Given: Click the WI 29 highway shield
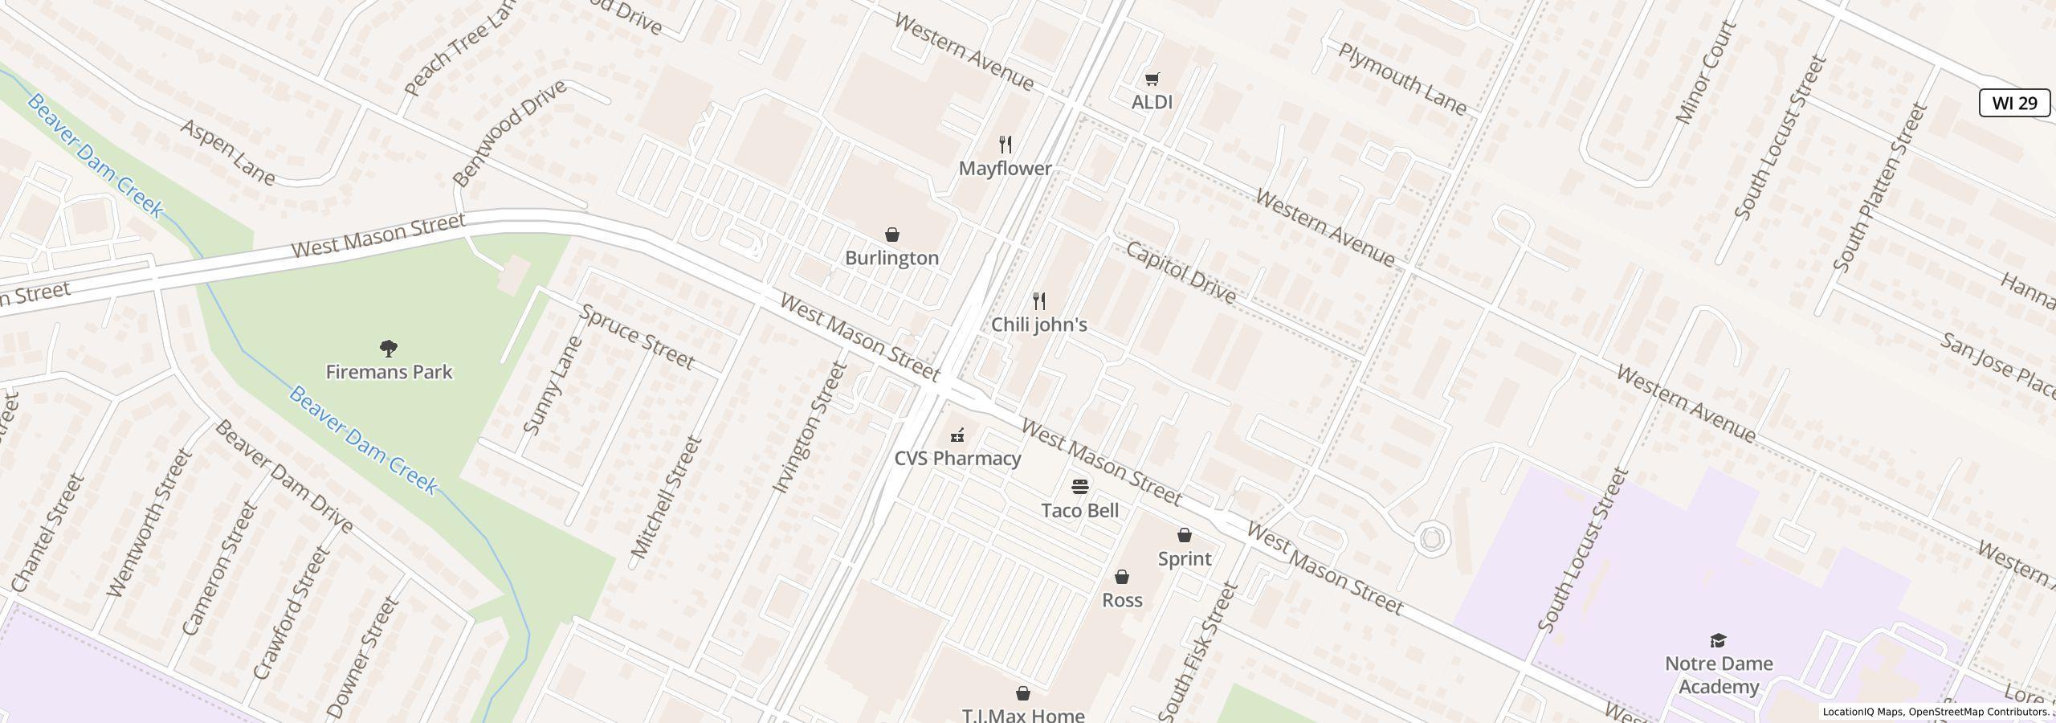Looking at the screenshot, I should point(2014,103).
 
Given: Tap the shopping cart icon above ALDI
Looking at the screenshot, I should point(1152,78).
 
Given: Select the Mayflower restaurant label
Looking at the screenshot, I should point(1005,169).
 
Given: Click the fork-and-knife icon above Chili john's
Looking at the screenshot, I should point(1039,301).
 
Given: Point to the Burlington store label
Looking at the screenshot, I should point(891,258).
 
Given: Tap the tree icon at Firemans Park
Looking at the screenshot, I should point(389,348).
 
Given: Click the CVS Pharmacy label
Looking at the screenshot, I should point(957,458).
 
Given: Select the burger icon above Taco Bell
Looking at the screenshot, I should point(1080,486).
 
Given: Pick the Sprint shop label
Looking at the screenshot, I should point(1184,558).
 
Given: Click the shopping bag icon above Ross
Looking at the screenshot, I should point(1122,577).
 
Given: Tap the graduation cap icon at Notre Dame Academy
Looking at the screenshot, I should point(1718,639).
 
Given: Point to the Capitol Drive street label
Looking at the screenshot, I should point(1180,272).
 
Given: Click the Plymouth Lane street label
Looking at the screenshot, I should point(1402,79).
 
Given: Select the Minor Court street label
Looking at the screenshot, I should point(1706,72).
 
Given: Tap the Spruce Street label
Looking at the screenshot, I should point(637,337).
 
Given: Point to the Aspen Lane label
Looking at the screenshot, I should point(228,152).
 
